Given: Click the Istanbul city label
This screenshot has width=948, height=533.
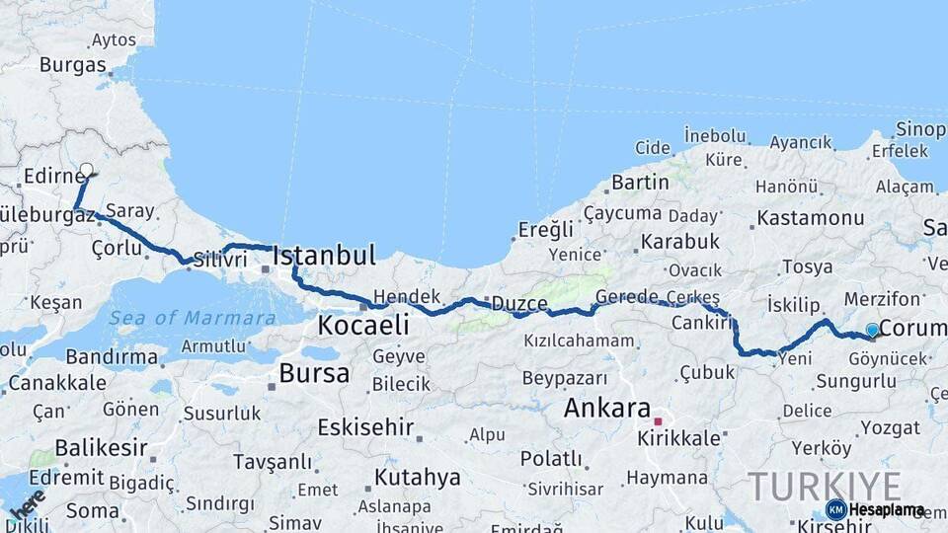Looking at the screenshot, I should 324,257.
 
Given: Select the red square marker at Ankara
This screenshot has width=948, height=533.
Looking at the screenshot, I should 658,421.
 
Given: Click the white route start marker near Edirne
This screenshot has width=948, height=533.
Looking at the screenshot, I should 86,170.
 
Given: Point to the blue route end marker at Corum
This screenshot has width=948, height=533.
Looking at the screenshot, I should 872,330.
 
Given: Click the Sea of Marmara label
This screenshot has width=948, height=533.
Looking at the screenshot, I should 192,318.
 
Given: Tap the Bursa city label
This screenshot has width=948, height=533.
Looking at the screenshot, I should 314,373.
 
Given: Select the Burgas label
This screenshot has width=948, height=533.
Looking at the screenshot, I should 72,65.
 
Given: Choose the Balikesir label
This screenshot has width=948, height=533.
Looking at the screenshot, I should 101,448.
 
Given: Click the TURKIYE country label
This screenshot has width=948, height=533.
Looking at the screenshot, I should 824,487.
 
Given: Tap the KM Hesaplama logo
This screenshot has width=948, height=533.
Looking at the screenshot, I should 875,509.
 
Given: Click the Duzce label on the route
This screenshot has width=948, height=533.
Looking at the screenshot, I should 519,303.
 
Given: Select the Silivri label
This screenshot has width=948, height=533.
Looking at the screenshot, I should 219,260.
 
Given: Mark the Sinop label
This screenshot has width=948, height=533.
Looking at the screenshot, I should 920,129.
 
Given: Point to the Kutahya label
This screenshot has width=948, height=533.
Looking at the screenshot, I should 418,478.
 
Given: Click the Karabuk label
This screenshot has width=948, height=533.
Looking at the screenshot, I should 679,241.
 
